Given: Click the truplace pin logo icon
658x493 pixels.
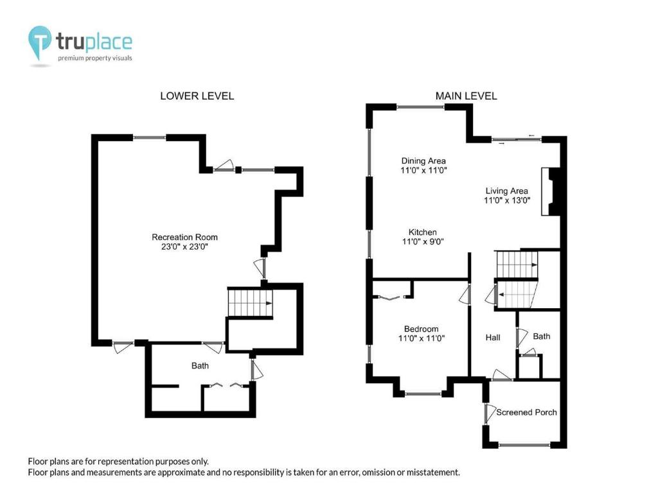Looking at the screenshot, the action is (39, 42).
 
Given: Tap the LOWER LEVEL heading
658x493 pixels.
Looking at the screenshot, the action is (197, 96).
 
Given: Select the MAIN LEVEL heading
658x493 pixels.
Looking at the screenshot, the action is (466, 96).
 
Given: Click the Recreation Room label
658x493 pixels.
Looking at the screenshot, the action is (184, 238).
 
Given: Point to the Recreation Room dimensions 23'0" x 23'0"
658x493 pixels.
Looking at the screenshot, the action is (184, 247).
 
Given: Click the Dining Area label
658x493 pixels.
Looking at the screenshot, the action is (423, 161).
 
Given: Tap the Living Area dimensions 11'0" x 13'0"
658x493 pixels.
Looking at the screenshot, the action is (507, 200).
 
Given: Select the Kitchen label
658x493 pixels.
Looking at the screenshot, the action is (423, 232).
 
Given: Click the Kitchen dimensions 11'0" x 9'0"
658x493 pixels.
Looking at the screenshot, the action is (423, 242).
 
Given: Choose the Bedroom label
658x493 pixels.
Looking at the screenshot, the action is (421, 329).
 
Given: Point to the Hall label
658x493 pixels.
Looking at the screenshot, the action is (493, 338).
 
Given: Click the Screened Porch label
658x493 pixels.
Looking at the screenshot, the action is (526, 413).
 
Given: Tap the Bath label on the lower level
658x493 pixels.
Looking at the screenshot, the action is (200, 366).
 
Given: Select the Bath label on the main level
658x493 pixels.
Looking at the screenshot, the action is (541, 336).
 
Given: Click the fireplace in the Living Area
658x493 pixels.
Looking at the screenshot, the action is (551, 191).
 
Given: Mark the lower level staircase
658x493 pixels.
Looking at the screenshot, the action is (250, 303).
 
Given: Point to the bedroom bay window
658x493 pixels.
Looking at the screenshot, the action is (423, 394).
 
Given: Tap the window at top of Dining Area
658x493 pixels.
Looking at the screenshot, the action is (420, 107).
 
